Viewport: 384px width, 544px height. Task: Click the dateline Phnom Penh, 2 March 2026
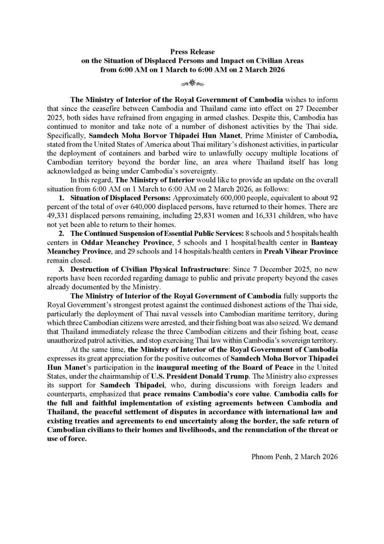tap(294, 456)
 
